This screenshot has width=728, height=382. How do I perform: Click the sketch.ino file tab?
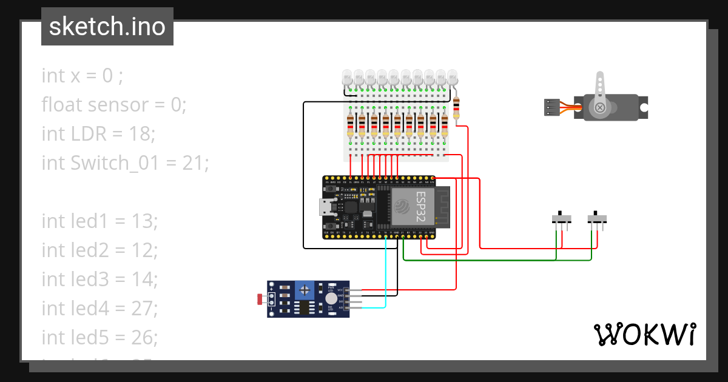point(107,27)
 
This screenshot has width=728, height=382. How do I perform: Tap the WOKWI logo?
point(644,334)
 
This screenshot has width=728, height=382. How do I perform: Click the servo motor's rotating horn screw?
point(600,107)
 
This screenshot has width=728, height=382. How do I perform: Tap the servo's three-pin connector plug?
point(551,107)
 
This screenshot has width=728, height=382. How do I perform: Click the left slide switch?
point(563,219)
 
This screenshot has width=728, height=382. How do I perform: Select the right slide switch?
point(598,219)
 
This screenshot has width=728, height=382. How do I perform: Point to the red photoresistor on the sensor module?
point(260,298)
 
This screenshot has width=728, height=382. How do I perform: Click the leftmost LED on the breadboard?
point(347,78)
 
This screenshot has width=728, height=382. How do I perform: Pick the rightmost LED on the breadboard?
point(452,78)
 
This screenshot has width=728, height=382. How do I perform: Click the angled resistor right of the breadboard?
point(456,109)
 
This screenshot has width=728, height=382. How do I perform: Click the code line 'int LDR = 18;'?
point(98,134)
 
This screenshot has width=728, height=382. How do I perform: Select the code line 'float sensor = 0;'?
point(113,105)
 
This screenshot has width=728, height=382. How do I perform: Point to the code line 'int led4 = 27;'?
point(99,309)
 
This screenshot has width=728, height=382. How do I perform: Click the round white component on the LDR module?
point(331,298)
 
